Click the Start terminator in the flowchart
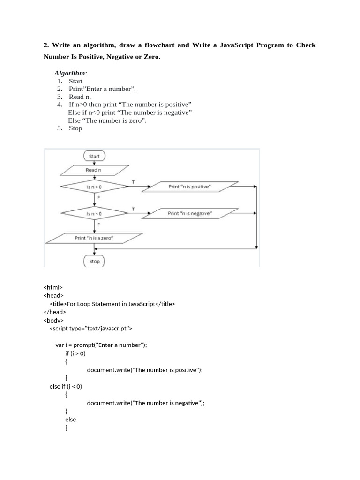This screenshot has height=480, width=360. click(94, 156)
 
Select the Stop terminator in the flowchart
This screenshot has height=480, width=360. click(94, 261)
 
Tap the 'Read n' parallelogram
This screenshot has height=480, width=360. click(94, 170)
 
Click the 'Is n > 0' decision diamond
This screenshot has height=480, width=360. click(94, 187)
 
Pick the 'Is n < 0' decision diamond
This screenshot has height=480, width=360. click(94, 213)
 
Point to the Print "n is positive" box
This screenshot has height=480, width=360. click(190, 187)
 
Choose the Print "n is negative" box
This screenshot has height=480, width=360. click(190, 213)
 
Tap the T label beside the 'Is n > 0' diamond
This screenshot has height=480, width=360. click(134, 181)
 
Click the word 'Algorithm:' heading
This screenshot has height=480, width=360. click(71, 73)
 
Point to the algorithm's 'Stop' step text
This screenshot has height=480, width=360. click(75, 128)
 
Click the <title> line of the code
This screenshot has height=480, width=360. click(112, 304)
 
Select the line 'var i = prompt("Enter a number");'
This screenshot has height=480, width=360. click(101, 345)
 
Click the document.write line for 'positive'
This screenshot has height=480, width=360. click(144, 370)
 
